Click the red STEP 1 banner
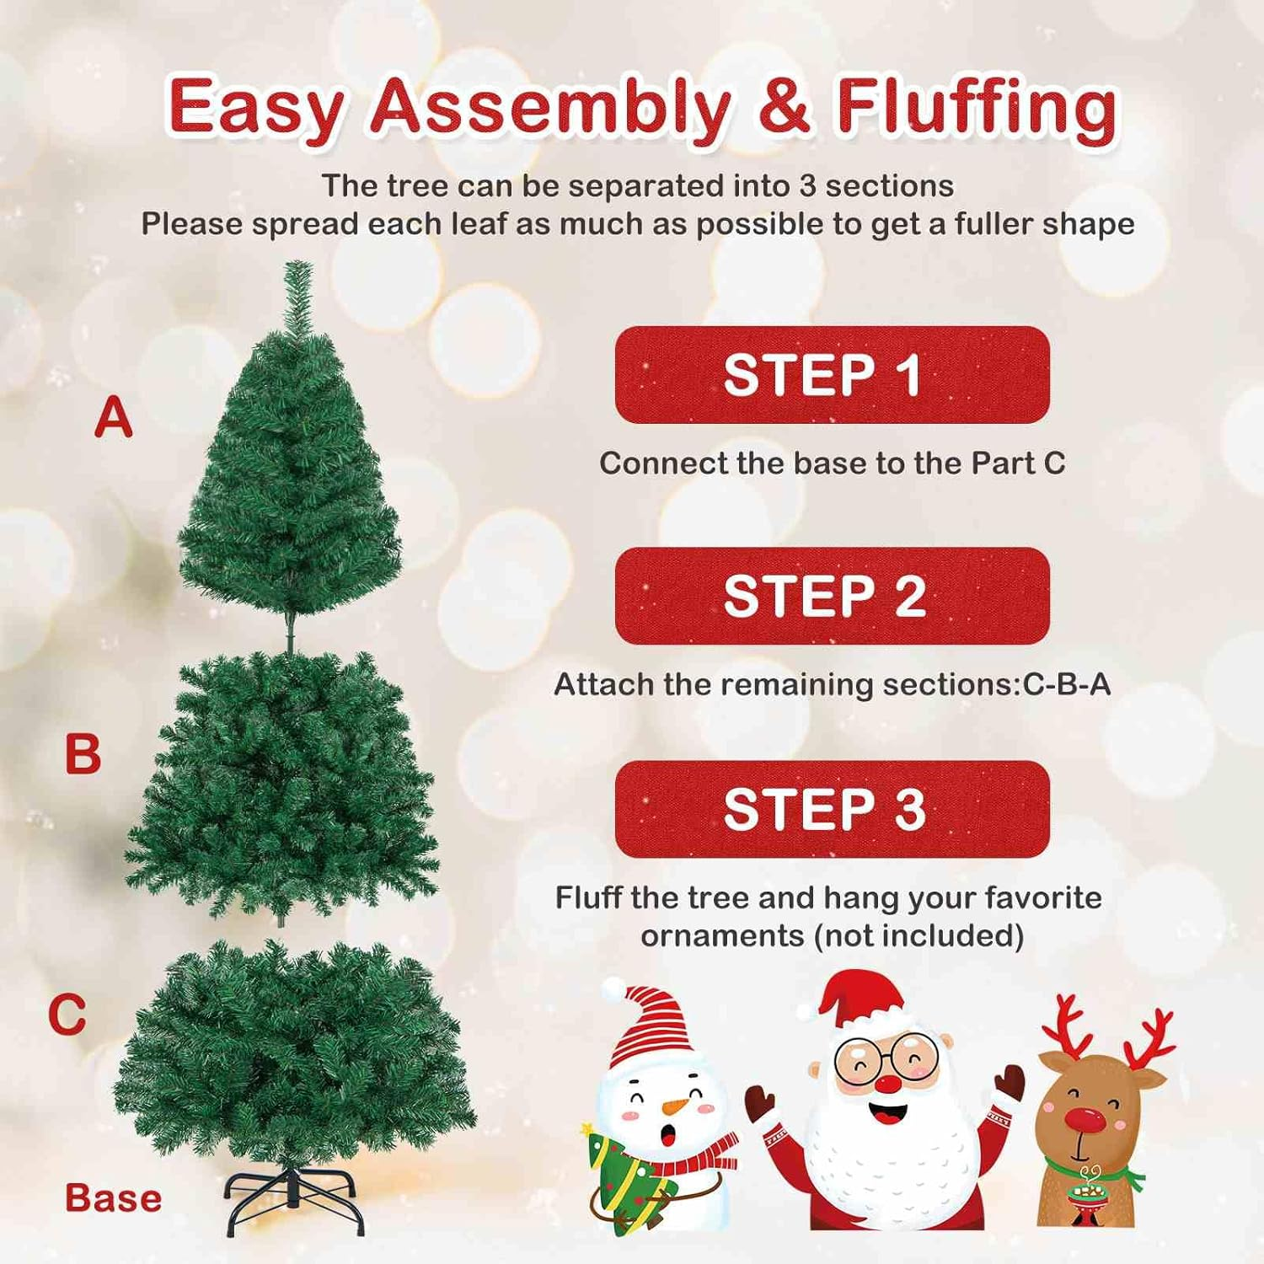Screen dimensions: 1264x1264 pos(832,375)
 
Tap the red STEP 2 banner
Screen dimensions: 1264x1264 pos(832,596)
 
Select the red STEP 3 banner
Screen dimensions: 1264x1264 pos(832,809)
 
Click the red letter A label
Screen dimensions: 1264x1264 pos(113,418)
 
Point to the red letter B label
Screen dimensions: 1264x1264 pos(83,754)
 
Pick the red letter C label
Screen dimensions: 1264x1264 pos(67,1014)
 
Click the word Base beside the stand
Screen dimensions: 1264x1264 pos(113,1198)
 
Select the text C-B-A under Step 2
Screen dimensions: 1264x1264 pos(1066,684)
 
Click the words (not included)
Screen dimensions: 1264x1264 pos(918,935)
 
